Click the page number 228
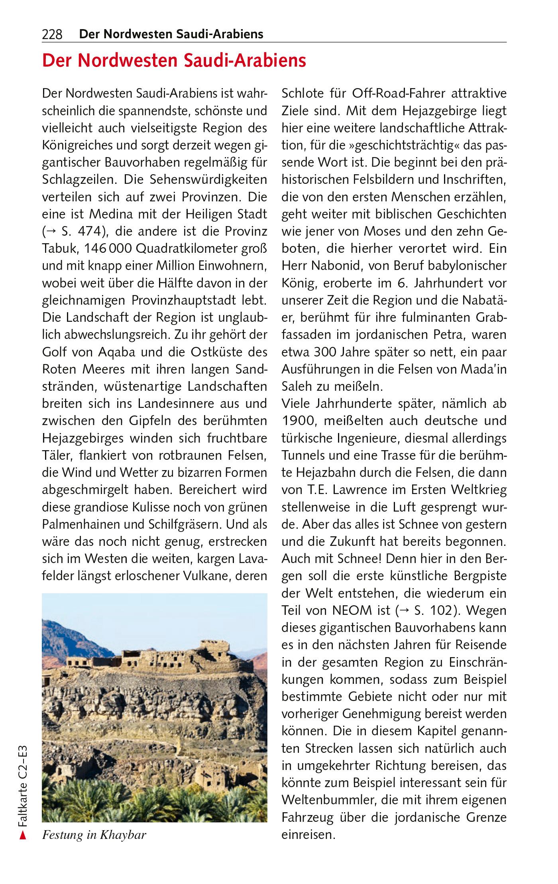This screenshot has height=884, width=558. tap(52, 35)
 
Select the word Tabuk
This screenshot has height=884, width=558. tap(60, 249)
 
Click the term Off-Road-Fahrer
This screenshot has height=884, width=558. tap(399, 94)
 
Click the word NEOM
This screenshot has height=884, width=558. tap(351, 611)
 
